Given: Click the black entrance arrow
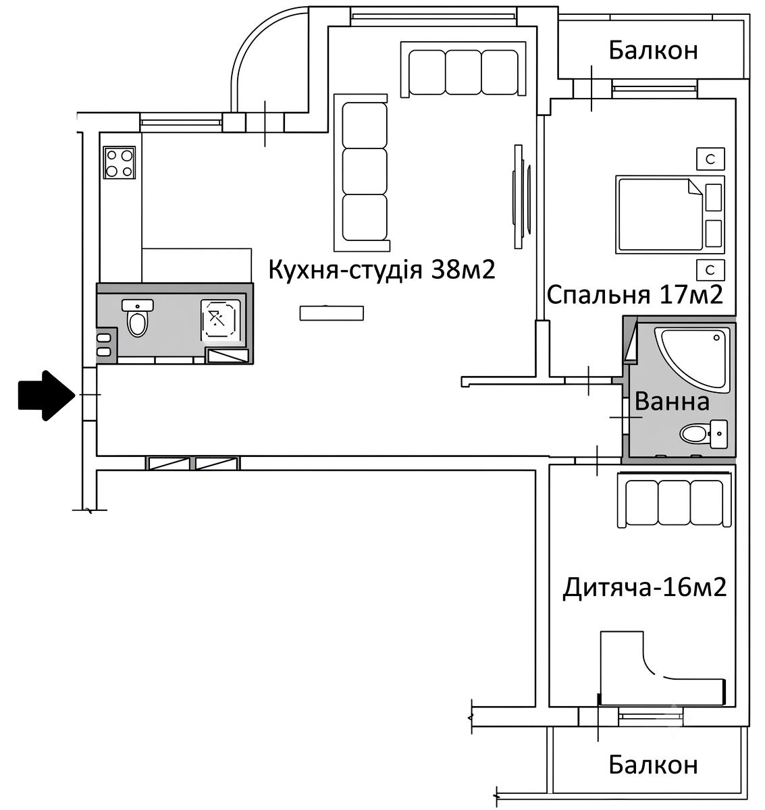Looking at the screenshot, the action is pyautogui.click(x=47, y=396).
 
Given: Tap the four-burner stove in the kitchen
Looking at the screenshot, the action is pyautogui.click(x=120, y=162).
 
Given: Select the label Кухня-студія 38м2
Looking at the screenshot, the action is pyautogui.click(x=382, y=269).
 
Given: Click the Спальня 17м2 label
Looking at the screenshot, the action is pyautogui.click(x=635, y=295).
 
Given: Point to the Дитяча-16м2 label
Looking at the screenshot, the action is pyautogui.click(x=645, y=588).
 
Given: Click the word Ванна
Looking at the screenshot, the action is pyautogui.click(x=672, y=401).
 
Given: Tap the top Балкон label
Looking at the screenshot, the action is pyautogui.click(x=653, y=51).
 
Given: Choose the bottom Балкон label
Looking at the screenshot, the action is pyautogui.click(x=653, y=765).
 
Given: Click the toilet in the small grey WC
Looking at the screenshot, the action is pyautogui.click(x=138, y=318).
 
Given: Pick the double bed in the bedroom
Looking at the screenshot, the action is pyautogui.click(x=670, y=215).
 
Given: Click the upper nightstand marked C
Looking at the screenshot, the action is pyautogui.click(x=710, y=159).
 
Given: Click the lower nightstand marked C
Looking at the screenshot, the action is pyautogui.click(x=710, y=270).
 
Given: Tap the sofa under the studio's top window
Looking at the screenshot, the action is pyautogui.click(x=463, y=70).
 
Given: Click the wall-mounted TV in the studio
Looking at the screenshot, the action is pyautogui.click(x=521, y=196).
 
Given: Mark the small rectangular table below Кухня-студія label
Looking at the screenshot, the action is pyautogui.click(x=332, y=313).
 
